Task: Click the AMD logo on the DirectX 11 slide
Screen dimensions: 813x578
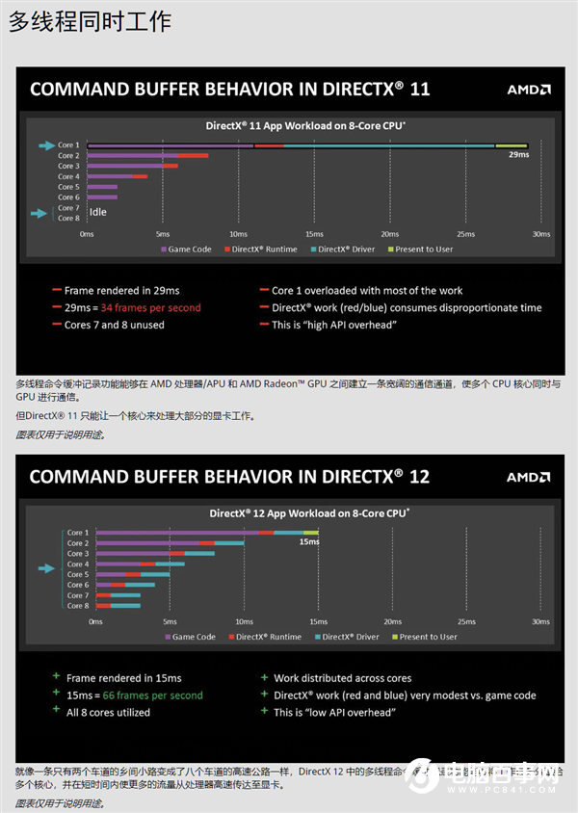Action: click(x=529, y=90)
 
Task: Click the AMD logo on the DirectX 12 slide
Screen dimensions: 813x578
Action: click(x=529, y=477)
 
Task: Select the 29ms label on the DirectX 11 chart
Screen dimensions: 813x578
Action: click(x=518, y=154)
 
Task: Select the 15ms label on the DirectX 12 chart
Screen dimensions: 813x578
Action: click(x=308, y=541)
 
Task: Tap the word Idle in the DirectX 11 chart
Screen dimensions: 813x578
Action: click(x=97, y=212)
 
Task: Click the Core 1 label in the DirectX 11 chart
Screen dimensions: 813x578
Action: click(x=68, y=145)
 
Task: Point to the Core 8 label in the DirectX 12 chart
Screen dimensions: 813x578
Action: click(x=77, y=606)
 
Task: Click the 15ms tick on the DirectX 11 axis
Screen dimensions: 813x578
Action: click(x=314, y=234)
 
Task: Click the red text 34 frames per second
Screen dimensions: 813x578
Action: click(x=150, y=308)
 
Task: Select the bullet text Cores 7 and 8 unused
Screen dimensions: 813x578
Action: click(x=114, y=326)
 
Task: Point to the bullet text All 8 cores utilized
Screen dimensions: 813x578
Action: click(x=108, y=713)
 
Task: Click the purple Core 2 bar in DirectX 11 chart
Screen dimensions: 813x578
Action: click(x=132, y=155)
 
